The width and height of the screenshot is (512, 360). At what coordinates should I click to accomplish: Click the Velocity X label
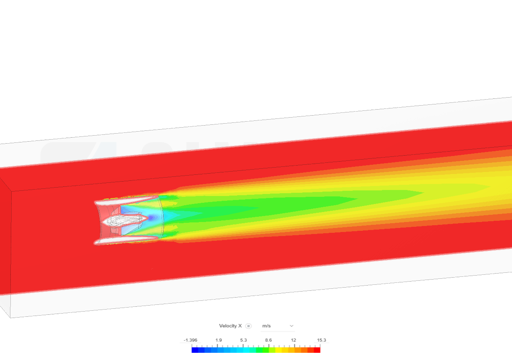click(x=230, y=326)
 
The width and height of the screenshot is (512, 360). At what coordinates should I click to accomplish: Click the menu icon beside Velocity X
click(x=248, y=326)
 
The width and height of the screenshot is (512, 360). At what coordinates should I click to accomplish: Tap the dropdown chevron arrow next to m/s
click(x=291, y=326)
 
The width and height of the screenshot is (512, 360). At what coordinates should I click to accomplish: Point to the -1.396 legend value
click(x=190, y=340)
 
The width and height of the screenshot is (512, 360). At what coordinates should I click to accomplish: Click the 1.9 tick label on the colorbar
click(x=219, y=340)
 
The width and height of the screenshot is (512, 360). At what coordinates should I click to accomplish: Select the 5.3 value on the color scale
click(x=243, y=340)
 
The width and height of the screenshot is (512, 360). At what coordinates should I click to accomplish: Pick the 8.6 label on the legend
click(x=268, y=340)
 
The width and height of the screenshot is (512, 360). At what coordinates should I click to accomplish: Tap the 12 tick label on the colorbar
click(x=293, y=340)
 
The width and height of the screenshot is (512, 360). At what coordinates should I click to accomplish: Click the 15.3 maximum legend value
click(x=322, y=340)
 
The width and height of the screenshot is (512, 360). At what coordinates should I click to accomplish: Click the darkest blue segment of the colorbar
click(x=195, y=350)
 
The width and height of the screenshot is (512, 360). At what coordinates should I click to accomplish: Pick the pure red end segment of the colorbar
click(x=317, y=350)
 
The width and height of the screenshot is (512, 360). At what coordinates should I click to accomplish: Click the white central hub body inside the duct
click(x=120, y=220)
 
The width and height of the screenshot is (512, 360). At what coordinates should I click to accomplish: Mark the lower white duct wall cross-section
click(x=126, y=240)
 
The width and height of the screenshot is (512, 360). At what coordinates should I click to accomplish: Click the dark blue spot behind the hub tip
click(x=152, y=217)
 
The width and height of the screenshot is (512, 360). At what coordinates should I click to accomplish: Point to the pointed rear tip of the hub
click(x=147, y=218)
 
